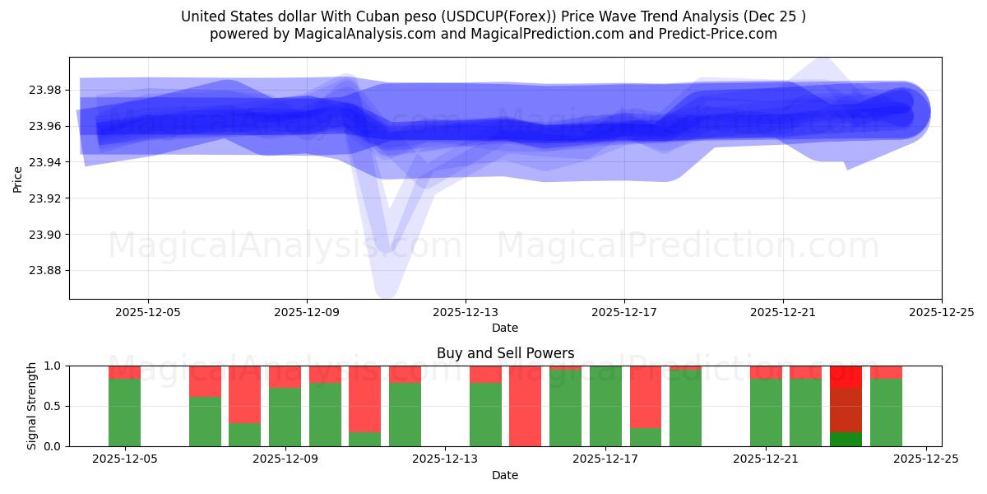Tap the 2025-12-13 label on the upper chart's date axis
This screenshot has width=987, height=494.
coord(466,312)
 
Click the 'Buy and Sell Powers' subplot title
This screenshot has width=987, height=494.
coord(505,353)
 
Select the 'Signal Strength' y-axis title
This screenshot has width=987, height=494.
coord(32,406)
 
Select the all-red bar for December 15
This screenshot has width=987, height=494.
coord(525,406)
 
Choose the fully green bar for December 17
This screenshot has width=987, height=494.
coord(605,406)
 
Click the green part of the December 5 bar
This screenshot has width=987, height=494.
coord(124,412)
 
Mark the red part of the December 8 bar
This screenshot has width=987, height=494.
coord(244,394)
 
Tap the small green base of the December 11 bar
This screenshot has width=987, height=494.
coord(364,439)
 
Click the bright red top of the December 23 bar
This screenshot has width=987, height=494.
coord(846,376)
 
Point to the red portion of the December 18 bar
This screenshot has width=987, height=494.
coord(646,396)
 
